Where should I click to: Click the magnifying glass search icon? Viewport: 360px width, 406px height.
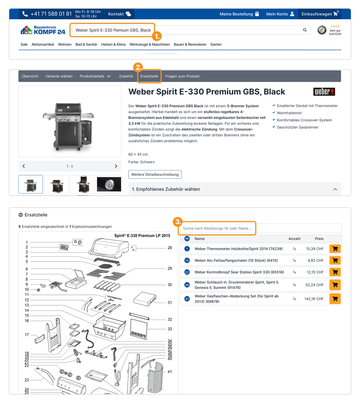[305, 30]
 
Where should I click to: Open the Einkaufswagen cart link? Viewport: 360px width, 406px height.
[320, 14]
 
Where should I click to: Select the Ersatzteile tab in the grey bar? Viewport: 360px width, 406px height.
[149, 76]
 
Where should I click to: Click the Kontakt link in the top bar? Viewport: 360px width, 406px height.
[120, 14]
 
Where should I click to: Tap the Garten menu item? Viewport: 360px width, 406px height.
[216, 45]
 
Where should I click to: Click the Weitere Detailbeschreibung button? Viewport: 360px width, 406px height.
[155, 174]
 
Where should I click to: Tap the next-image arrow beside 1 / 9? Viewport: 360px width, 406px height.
[116, 166]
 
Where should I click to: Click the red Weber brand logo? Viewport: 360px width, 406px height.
[324, 92]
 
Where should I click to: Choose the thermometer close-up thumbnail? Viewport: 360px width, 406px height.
[109, 184]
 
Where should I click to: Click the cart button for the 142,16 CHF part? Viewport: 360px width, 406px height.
[335, 299]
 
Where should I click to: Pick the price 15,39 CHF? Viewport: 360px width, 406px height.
[315, 249]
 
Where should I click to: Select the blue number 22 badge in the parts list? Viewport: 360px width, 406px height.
[187, 272]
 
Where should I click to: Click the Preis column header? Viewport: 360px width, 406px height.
[319, 239]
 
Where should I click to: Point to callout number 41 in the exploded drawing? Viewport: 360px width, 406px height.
[170, 371]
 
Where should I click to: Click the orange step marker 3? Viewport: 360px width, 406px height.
[178, 222]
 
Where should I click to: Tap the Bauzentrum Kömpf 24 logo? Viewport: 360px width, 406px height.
[43, 30]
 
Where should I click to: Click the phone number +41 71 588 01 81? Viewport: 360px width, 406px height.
[51, 14]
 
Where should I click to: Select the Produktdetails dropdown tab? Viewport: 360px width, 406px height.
[95, 76]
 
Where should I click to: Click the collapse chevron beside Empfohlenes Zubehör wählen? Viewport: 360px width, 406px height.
[335, 189]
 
